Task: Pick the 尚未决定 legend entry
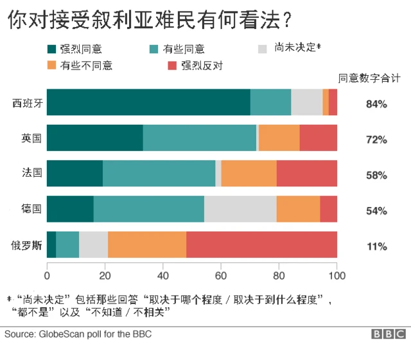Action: [290, 48]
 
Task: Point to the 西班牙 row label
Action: [26, 103]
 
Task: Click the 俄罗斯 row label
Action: [26, 245]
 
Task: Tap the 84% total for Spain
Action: [376, 104]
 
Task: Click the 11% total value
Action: [376, 246]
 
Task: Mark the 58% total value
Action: [376, 175]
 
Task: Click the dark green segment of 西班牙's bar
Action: [148, 103]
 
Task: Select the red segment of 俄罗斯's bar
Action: [261, 245]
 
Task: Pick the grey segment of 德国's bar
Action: [240, 209]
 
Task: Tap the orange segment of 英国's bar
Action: [279, 138]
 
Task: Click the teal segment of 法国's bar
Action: [159, 174]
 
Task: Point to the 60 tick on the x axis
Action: [221, 276]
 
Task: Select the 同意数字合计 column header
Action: [369, 78]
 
